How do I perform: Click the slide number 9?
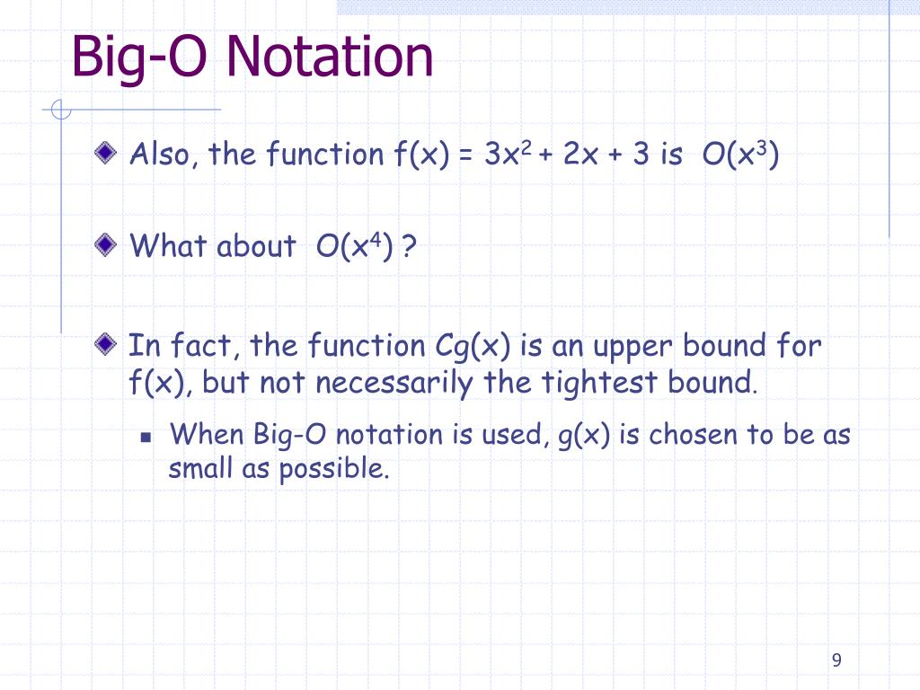(x=836, y=660)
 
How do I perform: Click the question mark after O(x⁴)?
(x=410, y=246)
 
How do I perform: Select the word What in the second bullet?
(x=168, y=245)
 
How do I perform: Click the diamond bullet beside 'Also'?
(x=108, y=154)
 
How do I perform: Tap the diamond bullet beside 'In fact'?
(x=108, y=343)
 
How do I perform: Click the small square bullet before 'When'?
(x=146, y=437)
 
